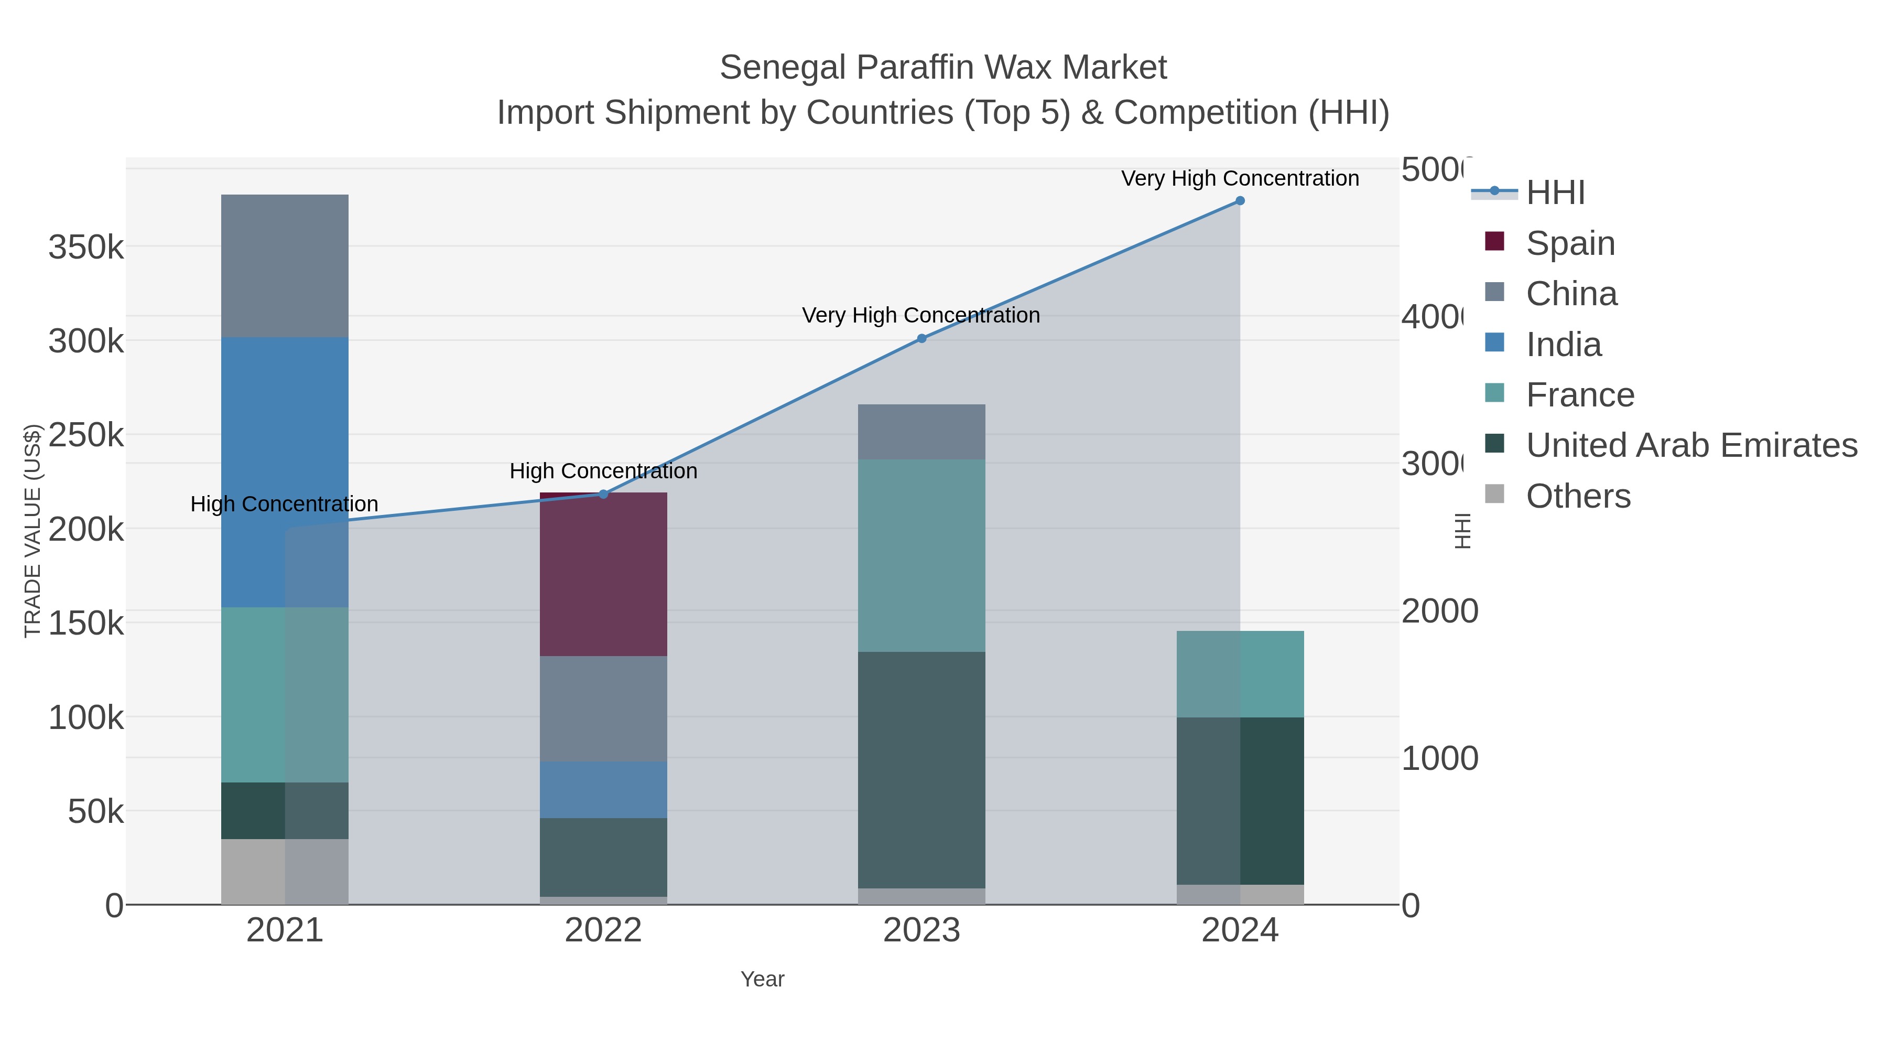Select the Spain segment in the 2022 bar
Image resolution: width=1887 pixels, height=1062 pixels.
tap(603, 575)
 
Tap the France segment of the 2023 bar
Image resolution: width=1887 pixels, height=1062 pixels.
tap(921, 555)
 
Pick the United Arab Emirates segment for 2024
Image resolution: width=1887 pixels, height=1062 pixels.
tap(1240, 800)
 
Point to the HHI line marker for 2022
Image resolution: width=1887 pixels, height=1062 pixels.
tap(603, 494)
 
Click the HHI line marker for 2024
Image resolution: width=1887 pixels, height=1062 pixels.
tap(1240, 201)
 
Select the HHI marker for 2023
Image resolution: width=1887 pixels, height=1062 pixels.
tap(921, 339)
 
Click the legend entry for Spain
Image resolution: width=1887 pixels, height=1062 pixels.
tap(1570, 243)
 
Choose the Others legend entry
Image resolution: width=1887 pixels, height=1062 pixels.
tap(1578, 496)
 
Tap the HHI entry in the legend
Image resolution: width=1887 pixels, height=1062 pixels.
tap(1555, 193)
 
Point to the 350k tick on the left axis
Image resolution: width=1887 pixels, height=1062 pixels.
tap(86, 247)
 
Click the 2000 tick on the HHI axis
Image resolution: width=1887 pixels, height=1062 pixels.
tap(1439, 612)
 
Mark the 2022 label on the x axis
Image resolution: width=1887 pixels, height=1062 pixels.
tap(603, 930)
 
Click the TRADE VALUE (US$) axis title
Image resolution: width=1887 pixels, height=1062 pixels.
tap(33, 531)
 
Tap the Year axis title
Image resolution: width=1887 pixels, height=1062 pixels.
tap(762, 979)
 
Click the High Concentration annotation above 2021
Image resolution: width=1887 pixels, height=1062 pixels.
tap(284, 504)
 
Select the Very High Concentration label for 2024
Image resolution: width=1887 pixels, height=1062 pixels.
tap(1240, 178)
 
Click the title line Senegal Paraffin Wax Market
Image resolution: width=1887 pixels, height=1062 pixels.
tap(943, 68)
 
